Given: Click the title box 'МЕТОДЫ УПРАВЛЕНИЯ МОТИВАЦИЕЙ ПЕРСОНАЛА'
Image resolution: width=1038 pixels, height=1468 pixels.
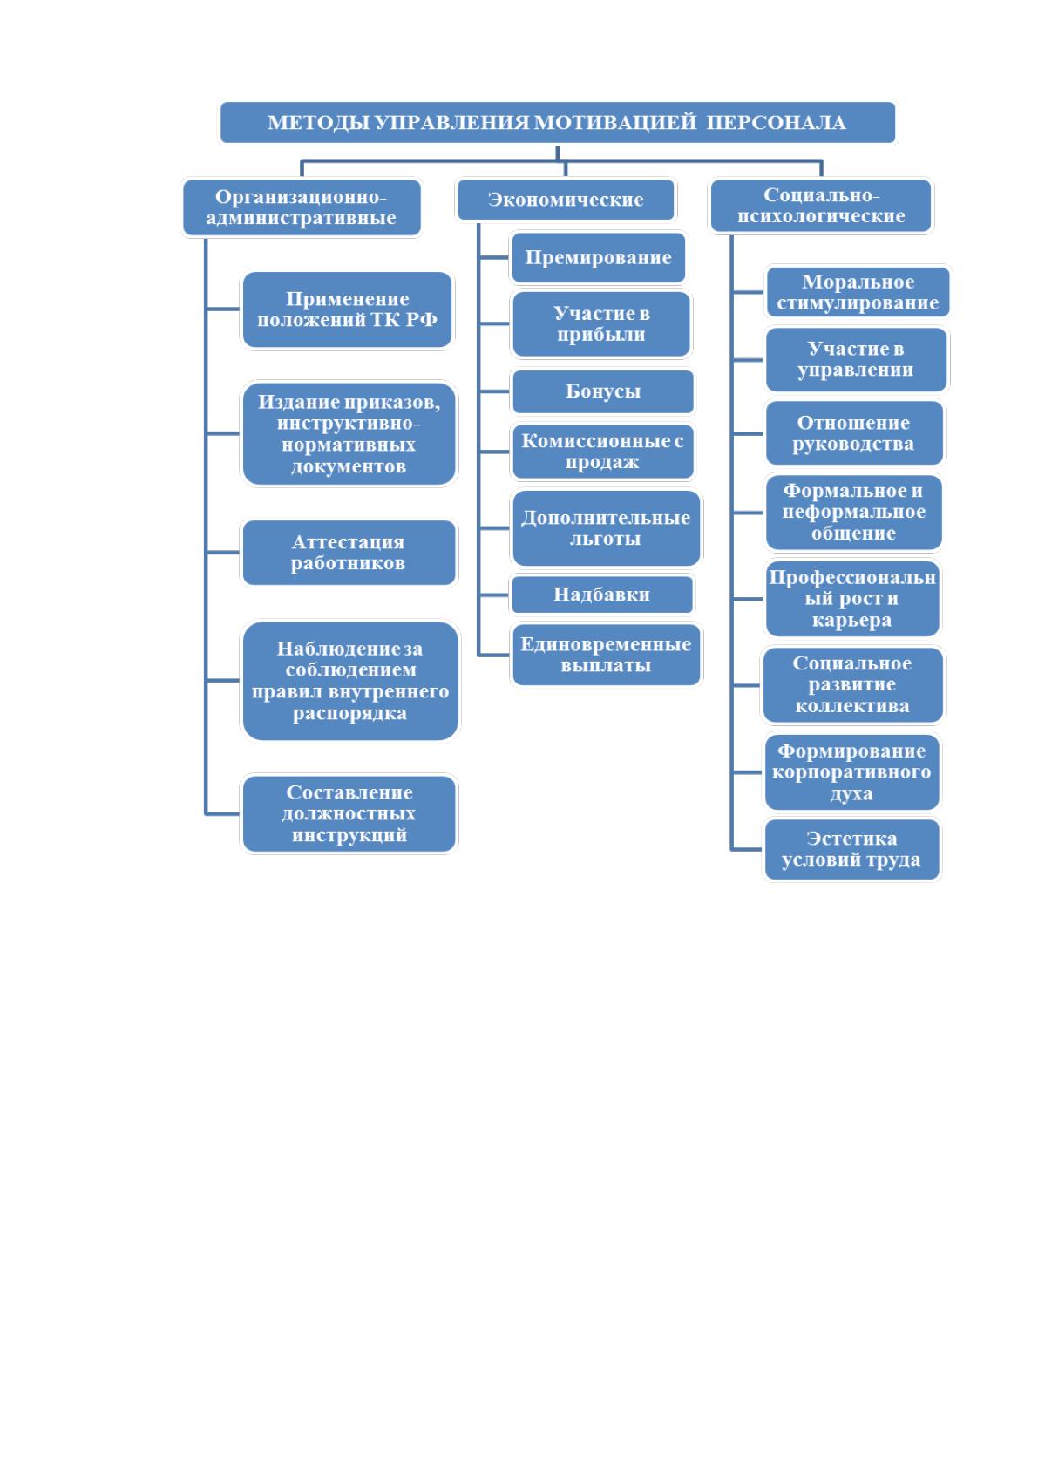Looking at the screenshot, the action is [x=558, y=123].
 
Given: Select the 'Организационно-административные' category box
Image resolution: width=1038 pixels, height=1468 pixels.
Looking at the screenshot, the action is [x=302, y=207].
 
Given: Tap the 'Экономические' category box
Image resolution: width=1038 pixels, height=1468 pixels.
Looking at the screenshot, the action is [x=566, y=200].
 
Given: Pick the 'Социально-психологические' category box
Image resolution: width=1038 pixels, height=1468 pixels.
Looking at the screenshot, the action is [x=821, y=206].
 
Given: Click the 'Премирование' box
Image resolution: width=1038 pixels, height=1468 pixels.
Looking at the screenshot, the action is [x=598, y=257].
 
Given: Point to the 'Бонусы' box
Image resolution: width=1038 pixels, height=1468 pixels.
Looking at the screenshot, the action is [x=603, y=391].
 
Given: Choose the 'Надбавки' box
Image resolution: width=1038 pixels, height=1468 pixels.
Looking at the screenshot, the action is [x=601, y=595].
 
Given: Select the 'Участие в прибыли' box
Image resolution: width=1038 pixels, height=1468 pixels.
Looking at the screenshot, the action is [x=601, y=323].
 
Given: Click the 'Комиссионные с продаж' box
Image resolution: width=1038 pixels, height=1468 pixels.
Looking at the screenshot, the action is [x=603, y=452].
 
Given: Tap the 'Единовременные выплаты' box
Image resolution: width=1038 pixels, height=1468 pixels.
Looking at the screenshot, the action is [x=607, y=655].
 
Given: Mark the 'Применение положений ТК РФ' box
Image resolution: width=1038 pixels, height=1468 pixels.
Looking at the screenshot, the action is [x=348, y=309].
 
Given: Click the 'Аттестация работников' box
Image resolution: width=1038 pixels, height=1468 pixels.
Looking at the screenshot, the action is [x=349, y=553].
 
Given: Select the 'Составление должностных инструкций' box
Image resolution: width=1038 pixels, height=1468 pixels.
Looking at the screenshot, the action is [x=349, y=814].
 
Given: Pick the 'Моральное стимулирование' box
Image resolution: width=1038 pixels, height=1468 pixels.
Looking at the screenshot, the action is [x=858, y=292].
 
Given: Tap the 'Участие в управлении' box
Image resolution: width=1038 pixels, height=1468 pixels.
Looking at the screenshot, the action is [x=857, y=360].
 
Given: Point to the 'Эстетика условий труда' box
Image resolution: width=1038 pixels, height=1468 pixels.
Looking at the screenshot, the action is [x=851, y=849].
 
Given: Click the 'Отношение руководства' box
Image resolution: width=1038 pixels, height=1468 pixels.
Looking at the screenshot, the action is [x=854, y=433].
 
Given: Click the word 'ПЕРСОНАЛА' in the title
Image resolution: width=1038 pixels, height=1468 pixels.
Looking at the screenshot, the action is [x=776, y=123].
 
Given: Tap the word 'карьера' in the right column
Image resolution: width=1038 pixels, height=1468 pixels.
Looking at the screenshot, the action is [x=851, y=620].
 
